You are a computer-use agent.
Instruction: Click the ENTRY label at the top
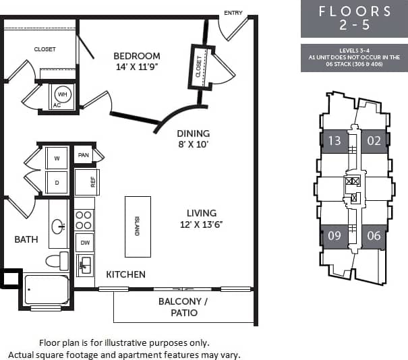pos(233,13)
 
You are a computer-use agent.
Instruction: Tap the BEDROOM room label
pos(136,56)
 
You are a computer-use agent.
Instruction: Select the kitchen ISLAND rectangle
pos(138,227)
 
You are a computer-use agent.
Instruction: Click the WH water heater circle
pos(63,94)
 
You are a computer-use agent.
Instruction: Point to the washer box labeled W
pos(57,158)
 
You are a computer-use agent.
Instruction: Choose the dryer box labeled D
pos(57,182)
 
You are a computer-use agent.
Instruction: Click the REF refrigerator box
pos(87,181)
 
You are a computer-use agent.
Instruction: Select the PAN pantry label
pos(84,155)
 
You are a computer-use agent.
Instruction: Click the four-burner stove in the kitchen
pos(84,220)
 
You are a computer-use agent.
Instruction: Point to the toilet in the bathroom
pos(57,260)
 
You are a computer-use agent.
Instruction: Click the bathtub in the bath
pos(47,289)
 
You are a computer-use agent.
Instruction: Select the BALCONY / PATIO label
pos(179,307)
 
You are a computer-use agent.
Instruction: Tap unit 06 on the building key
pos(374,236)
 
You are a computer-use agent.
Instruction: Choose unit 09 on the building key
pos(334,236)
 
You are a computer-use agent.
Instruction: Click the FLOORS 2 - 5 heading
pos(354,18)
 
